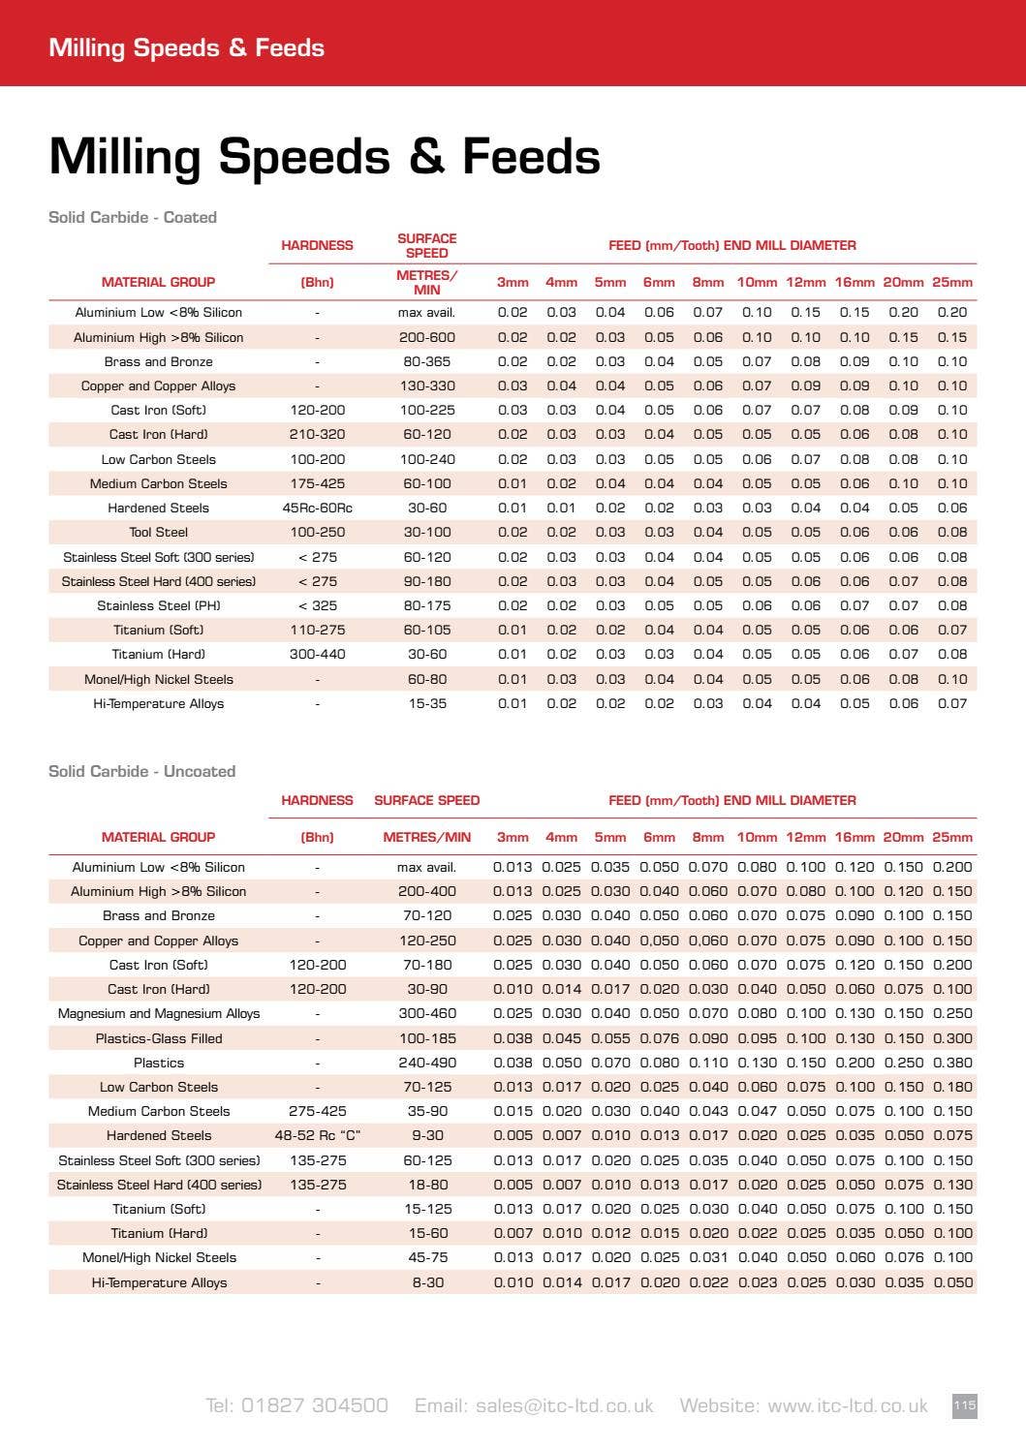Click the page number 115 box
964,1405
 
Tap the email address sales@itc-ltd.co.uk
534,1405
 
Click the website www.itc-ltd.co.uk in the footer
803,1405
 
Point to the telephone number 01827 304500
296,1405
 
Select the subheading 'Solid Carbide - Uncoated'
142,771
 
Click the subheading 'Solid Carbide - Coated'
133,217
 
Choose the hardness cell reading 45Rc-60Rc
317,508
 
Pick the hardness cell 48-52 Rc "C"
317,1135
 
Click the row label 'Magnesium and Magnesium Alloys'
159,1013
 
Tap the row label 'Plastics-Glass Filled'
159,1038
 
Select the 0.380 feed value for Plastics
952,1063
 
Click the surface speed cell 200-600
426,337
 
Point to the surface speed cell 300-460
426,1013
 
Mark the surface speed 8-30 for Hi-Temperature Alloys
426,1282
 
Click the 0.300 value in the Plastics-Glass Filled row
952,1038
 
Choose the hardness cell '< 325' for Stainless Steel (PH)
317,605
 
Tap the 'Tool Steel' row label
159,532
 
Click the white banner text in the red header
186,47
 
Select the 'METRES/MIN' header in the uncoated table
426,837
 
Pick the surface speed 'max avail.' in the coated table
426,312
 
